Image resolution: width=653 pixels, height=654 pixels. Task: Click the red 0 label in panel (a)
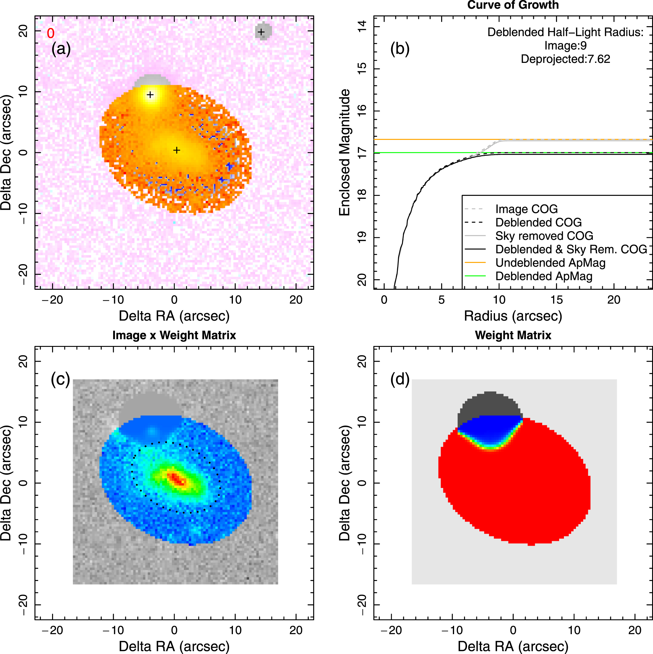pos(51,33)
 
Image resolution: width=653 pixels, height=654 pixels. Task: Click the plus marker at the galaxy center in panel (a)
pos(176,150)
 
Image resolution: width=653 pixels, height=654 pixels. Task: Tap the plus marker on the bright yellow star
pos(150,95)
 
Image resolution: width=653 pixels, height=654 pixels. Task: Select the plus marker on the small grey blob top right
pos(261,32)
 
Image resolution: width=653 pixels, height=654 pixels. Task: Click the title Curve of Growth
pos(513,5)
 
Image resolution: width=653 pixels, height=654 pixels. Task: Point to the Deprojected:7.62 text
pos(565,59)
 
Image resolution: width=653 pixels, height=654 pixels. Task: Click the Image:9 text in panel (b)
pos(565,46)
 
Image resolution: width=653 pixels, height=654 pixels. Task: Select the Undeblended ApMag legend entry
pos(550,263)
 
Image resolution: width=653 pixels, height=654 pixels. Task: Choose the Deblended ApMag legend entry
pos(543,276)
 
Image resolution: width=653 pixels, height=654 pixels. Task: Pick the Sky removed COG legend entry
pos(544,236)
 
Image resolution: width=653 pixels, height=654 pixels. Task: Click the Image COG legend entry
pos(526,209)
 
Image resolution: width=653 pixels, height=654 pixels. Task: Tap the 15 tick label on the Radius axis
pos(556,300)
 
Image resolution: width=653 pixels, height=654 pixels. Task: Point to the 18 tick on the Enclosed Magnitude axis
pos(362,195)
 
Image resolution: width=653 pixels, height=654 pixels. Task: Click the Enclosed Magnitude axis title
pos(345,152)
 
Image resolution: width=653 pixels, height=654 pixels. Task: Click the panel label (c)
pos(60,379)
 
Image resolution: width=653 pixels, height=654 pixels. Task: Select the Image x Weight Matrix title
pos(174,335)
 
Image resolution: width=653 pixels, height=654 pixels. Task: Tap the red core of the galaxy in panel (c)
pos(176,479)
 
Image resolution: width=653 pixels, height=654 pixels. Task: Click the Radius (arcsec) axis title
pos(513,316)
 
